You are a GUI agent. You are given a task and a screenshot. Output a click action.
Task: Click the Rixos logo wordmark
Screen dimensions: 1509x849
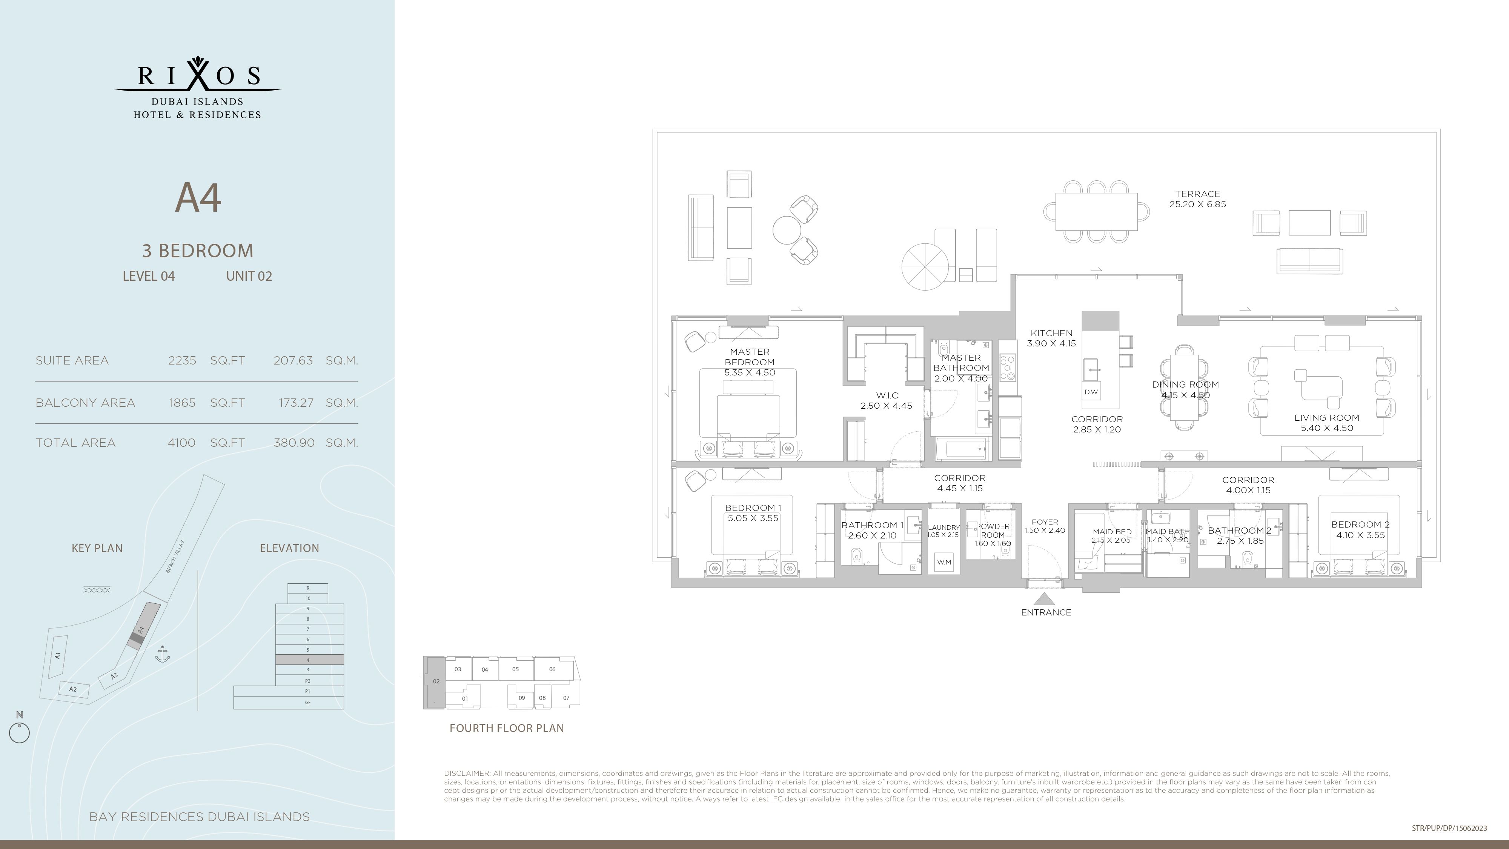pos(198,75)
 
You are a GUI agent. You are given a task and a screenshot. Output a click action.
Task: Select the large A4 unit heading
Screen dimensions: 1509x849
pos(198,198)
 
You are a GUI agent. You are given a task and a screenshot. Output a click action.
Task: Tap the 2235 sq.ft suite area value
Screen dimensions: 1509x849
pos(182,360)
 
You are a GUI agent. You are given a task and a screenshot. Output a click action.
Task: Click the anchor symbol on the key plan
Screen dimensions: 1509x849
pos(162,654)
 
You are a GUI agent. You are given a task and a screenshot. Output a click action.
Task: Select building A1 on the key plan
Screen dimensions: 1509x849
pos(57,656)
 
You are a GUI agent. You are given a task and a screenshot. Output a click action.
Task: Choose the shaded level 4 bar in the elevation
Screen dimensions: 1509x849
pos(309,660)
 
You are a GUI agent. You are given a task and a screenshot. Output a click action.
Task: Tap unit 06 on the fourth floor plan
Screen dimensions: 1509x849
pos(552,669)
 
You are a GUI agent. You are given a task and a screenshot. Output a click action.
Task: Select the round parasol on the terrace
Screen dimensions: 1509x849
pos(925,267)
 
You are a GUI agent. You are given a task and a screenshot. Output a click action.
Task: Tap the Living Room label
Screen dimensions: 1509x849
pos(1327,418)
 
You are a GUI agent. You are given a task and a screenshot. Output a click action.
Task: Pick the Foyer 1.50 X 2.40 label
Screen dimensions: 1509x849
pos(1045,526)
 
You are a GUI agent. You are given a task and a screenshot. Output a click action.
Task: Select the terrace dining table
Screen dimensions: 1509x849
pos(1096,212)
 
